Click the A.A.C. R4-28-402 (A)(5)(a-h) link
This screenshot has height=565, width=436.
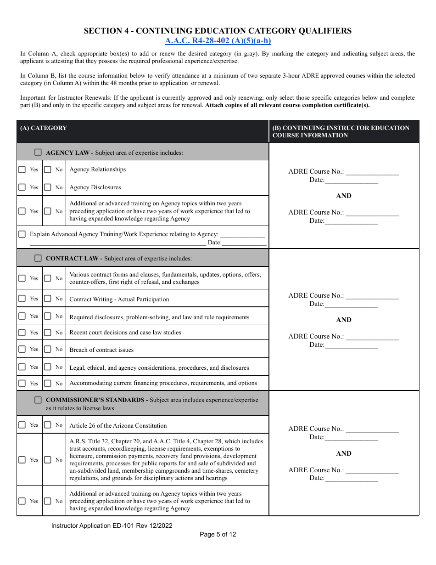(x=218, y=41)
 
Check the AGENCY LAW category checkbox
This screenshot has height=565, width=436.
(x=38, y=152)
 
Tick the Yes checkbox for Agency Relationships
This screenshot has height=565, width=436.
(x=22, y=169)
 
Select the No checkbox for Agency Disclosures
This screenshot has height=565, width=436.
(x=48, y=187)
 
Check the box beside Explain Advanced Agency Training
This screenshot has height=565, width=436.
(x=22, y=234)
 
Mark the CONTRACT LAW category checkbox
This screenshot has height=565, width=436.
(x=38, y=258)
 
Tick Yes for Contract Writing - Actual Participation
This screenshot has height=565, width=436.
(x=22, y=299)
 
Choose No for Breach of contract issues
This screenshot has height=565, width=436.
(x=48, y=349)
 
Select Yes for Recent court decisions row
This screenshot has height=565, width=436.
(x=22, y=332)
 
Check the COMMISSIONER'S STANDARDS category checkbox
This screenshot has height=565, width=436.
(x=38, y=400)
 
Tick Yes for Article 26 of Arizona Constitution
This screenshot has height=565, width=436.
(x=22, y=425)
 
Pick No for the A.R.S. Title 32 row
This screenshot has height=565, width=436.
(x=48, y=460)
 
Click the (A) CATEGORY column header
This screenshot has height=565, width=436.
(x=43, y=128)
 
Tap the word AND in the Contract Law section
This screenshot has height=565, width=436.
(x=344, y=320)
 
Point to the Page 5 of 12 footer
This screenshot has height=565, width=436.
(x=218, y=534)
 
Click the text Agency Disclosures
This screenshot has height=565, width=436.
(x=95, y=187)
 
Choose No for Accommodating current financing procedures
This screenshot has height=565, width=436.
(x=48, y=383)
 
